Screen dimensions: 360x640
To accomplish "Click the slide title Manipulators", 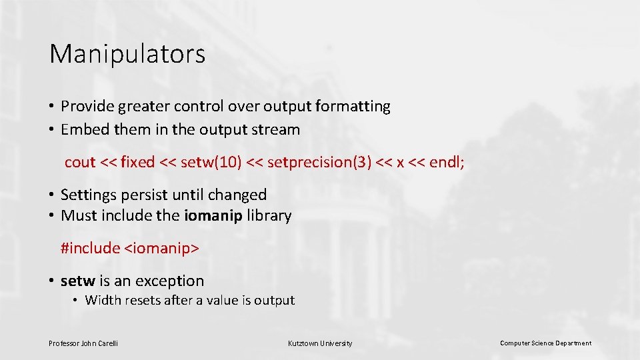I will click(x=127, y=54).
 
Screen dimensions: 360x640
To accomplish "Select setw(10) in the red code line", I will click(x=210, y=162).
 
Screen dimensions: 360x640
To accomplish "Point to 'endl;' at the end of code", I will click(x=447, y=162).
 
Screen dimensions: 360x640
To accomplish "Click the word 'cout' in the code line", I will click(x=80, y=162).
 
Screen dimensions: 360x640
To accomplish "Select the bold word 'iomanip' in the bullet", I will click(x=213, y=215).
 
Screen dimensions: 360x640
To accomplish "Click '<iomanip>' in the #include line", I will click(x=161, y=248).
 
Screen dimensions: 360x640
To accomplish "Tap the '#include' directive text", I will click(x=90, y=248).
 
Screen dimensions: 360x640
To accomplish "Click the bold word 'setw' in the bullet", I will click(x=78, y=281).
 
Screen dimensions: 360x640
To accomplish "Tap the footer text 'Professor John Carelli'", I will click(x=83, y=343).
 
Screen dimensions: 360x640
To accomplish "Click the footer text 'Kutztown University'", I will click(x=320, y=343).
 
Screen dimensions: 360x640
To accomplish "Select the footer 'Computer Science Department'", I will click(x=545, y=343).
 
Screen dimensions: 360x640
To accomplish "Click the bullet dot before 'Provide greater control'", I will click(x=52, y=107).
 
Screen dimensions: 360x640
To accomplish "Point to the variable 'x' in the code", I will click(x=400, y=162).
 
